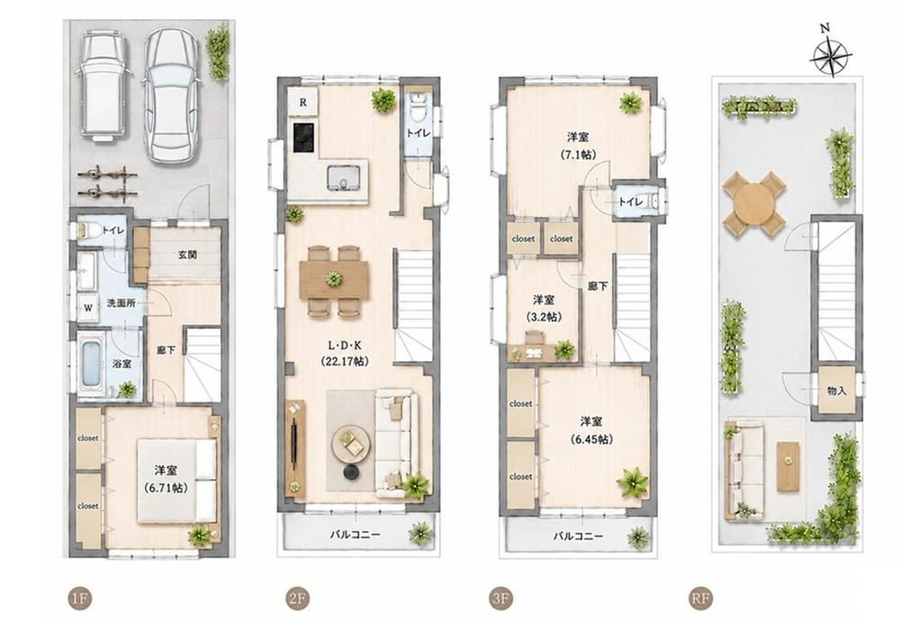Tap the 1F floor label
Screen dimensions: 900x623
click(x=78, y=599)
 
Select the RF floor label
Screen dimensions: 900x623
click(x=700, y=599)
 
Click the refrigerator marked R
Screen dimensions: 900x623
click(x=302, y=103)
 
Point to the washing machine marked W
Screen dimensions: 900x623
click(x=88, y=308)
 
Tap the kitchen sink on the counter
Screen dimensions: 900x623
click(x=343, y=177)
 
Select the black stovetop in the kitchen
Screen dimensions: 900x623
click(x=304, y=138)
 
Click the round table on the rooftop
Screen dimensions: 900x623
click(x=753, y=203)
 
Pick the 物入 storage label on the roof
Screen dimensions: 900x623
click(x=837, y=392)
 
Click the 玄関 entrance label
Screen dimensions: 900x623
click(x=187, y=255)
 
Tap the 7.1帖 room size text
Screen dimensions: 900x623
click(x=578, y=155)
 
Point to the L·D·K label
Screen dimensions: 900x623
click(x=345, y=346)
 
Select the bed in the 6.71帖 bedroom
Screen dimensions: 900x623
click(x=176, y=481)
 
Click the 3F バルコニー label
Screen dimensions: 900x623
click(x=578, y=537)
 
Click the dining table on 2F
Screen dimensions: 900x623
click(x=334, y=280)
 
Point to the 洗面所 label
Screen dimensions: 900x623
click(x=121, y=303)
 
